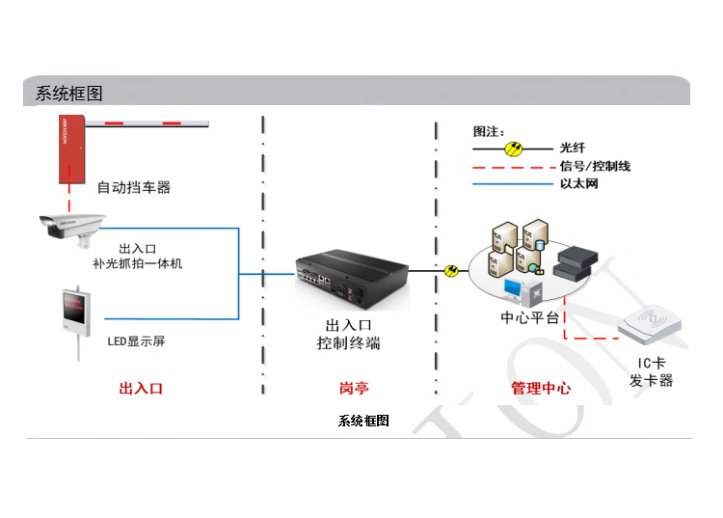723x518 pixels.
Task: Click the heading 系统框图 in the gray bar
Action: (x=68, y=94)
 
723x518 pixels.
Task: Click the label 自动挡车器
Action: (x=134, y=187)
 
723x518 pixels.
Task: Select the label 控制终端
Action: (x=348, y=342)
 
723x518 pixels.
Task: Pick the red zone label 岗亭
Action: (x=354, y=389)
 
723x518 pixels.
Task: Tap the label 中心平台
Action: (x=529, y=317)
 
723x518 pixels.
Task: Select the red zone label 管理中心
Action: (x=540, y=389)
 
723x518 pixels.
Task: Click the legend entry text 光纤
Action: (x=572, y=149)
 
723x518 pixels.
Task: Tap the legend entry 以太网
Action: (x=578, y=183)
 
